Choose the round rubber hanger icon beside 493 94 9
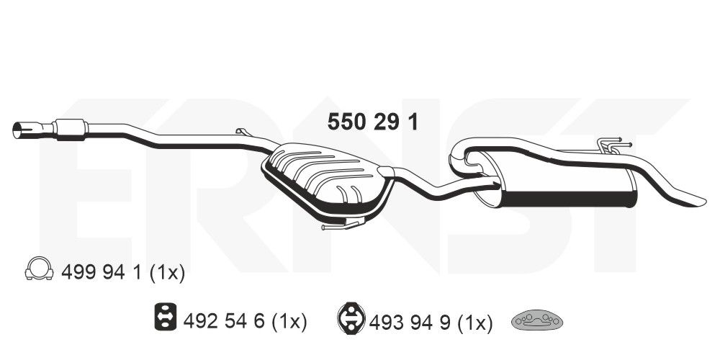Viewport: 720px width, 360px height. (x=351, y=318)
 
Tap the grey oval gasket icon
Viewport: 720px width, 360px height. (x=537, y=320)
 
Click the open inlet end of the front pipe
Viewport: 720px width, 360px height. (x=18, y=131)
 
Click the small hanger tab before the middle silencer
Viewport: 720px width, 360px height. (x=242, y=132)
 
